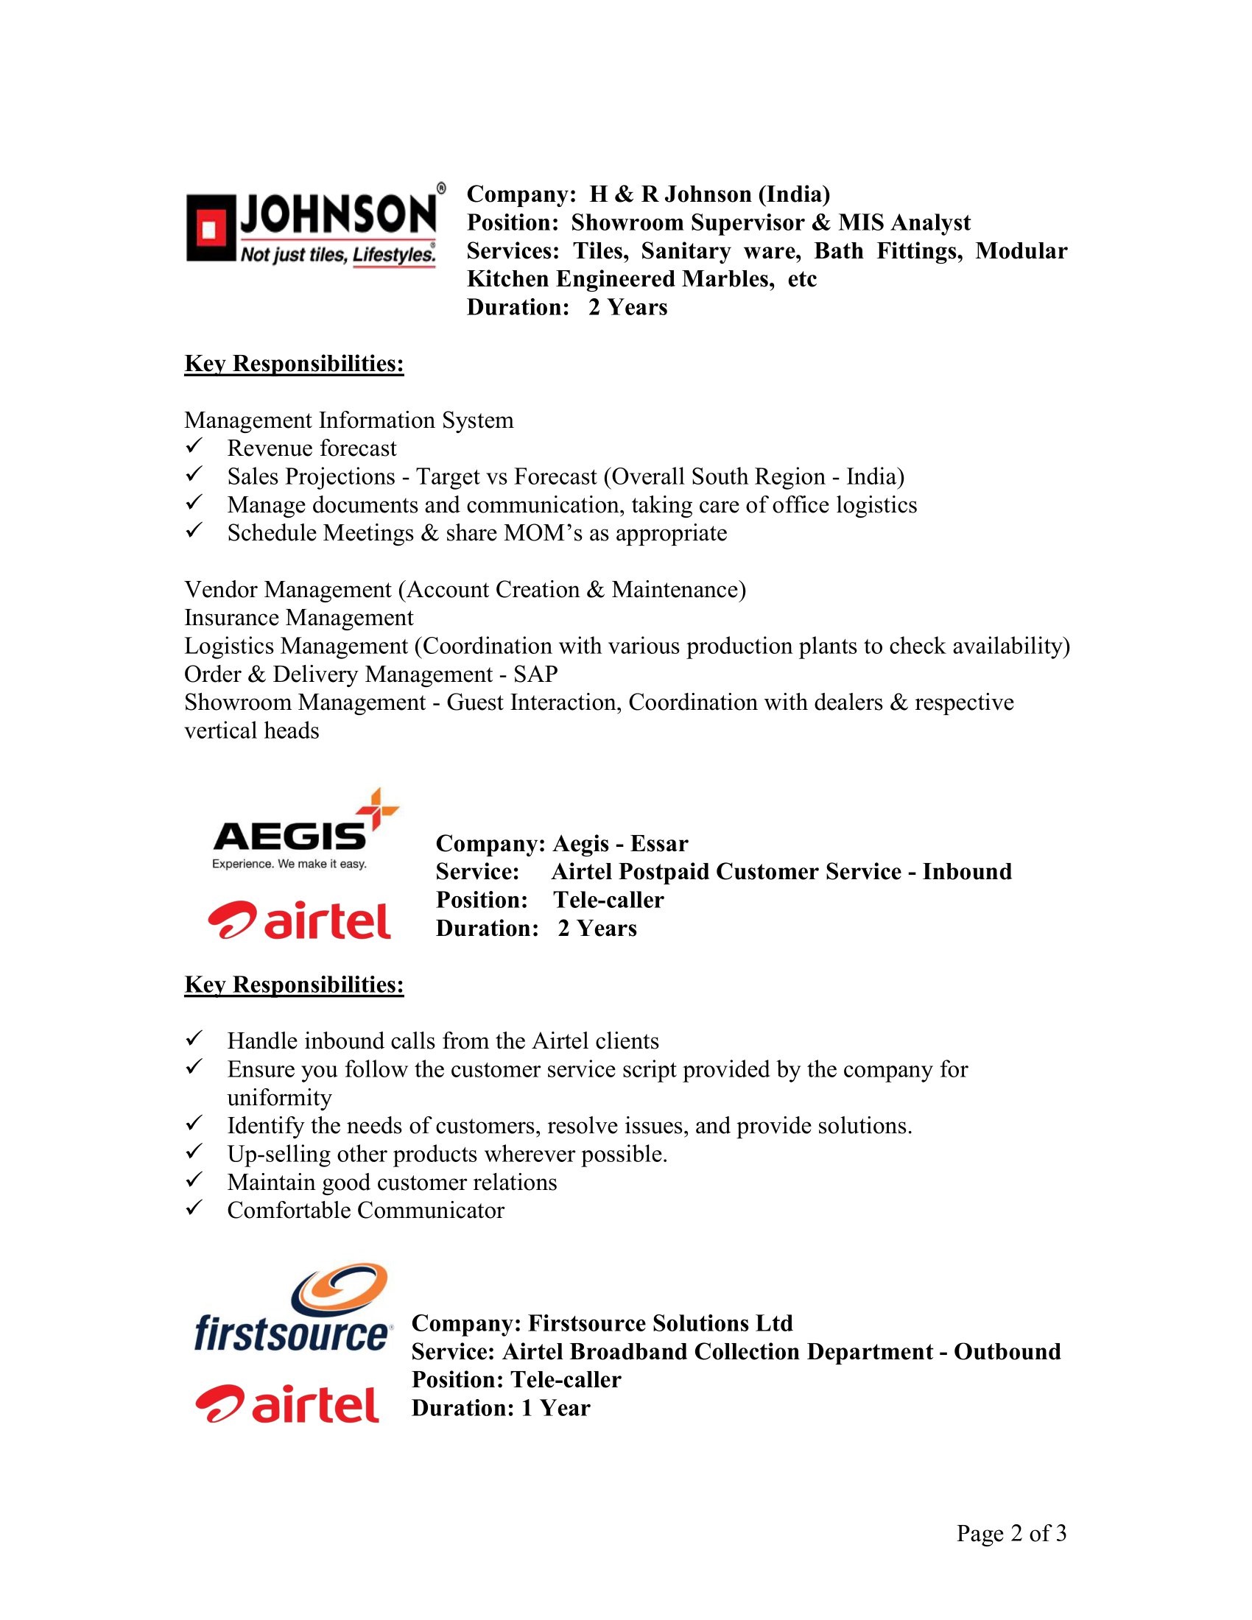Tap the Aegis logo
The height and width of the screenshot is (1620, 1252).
tap(304, 829)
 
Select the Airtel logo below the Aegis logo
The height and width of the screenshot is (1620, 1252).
tap(300, 920)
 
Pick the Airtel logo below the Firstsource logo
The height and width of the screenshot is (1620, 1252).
tap(288, 1404)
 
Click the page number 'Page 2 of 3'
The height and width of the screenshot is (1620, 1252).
tap(1011, 1532)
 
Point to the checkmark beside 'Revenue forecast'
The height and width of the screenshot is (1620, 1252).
tap(194, 446)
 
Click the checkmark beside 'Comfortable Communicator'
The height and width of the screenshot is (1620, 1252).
tap(194, 1208)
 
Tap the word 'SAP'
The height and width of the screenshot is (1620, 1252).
tap(535, 675)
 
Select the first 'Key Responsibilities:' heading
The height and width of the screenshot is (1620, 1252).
tap(294, 364)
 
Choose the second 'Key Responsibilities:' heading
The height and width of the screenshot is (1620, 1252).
tap(294, 985)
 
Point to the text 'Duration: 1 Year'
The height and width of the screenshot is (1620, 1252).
tap(501, 1408)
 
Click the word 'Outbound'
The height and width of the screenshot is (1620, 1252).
tap(1007, 1351)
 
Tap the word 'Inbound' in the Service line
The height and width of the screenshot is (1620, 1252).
tap(966, 872)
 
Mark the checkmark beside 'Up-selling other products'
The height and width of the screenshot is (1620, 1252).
tap(194, 1152)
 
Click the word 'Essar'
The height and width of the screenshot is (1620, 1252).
tap(659, 843)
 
